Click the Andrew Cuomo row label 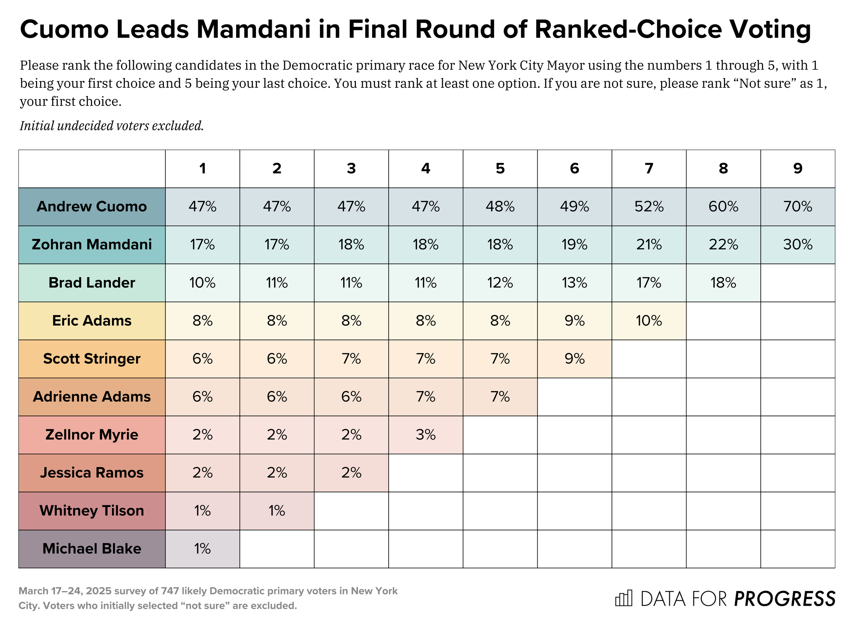(92, 207)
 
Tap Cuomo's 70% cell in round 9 (797, 207)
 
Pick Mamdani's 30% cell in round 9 (797, 245)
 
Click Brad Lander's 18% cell (723, 283)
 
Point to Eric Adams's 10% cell (648, 321)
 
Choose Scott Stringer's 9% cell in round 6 (574, 359)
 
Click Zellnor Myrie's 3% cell (425, 434)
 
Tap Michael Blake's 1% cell (202, 549)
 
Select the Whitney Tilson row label (92, 511)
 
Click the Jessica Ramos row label (92, 473)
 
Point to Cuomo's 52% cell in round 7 (648, 207)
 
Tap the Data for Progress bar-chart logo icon (623, 598)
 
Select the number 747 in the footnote (170, 591)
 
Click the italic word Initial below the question (37, 126)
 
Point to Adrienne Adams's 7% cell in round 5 (500, 397)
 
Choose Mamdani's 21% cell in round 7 (648, 245)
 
